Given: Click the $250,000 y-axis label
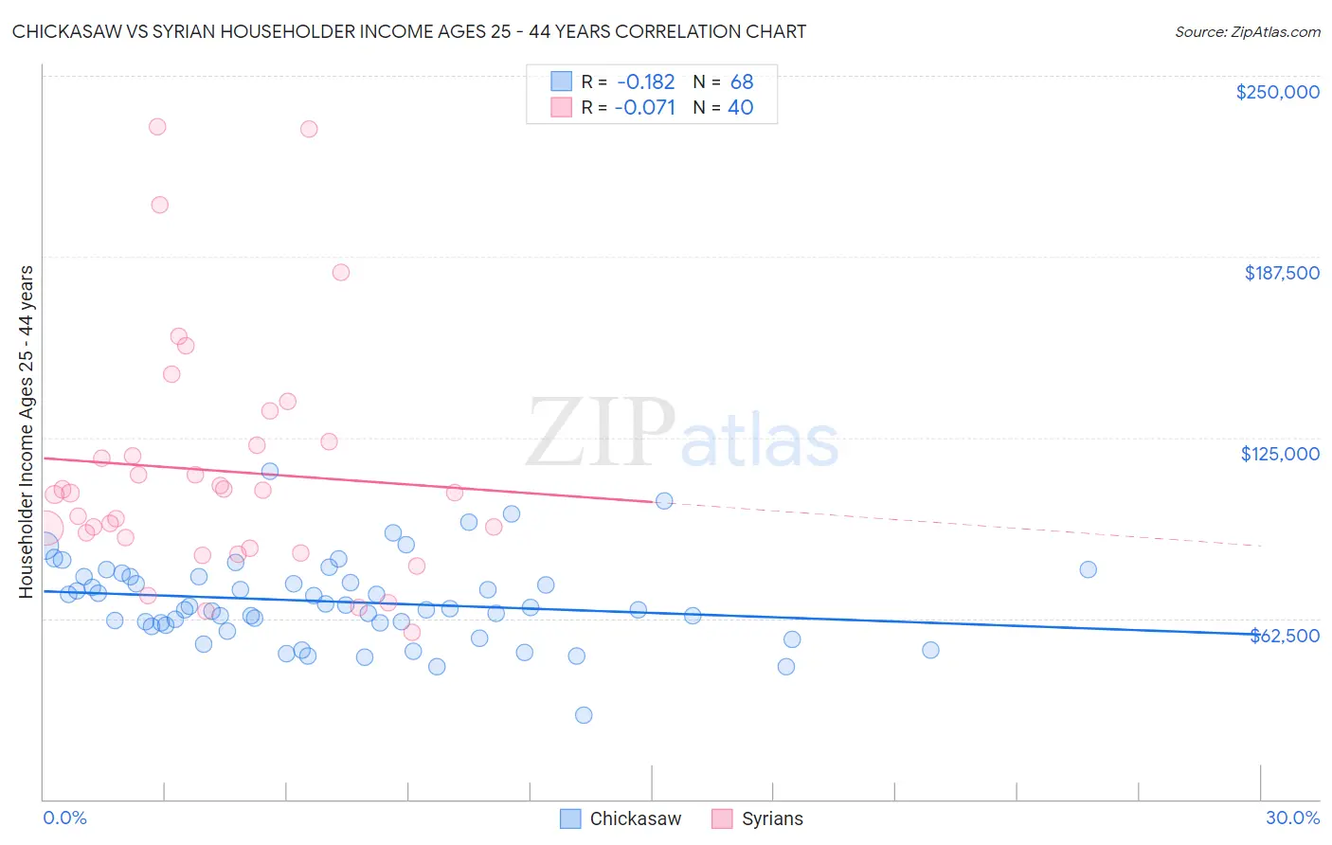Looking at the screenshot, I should tap(1277, 92).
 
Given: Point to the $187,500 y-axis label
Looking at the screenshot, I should tap(1281, 273).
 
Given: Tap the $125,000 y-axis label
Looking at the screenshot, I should tap(1280, 454).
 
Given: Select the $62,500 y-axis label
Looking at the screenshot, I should tap(1285, 636).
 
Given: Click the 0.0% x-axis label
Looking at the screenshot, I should tap(64, 818).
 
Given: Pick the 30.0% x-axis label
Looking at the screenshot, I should tap(1292, 818).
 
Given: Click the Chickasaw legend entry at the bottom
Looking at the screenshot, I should tap(621, 818).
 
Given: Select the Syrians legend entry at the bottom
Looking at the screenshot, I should tap(758, 818).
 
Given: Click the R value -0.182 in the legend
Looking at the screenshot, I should tap(646, 82).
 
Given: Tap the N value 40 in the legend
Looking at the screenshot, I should tap(740, 108).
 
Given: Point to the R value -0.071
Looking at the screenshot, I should tap(644, 108).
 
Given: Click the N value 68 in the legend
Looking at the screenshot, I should tap(742, 82).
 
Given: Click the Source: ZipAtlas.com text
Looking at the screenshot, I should tap(1247, 32).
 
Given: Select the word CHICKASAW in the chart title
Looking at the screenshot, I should tap(68, 31).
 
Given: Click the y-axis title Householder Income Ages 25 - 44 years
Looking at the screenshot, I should tap(26, 432).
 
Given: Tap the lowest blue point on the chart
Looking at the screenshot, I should tap(584, 715).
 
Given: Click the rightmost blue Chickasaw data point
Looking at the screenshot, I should tap(1088, 569).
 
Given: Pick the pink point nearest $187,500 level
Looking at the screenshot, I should tap(341, 272).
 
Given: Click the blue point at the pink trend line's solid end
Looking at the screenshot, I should tap(664, 500).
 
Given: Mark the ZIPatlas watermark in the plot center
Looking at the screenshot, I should tap(682, 434).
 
